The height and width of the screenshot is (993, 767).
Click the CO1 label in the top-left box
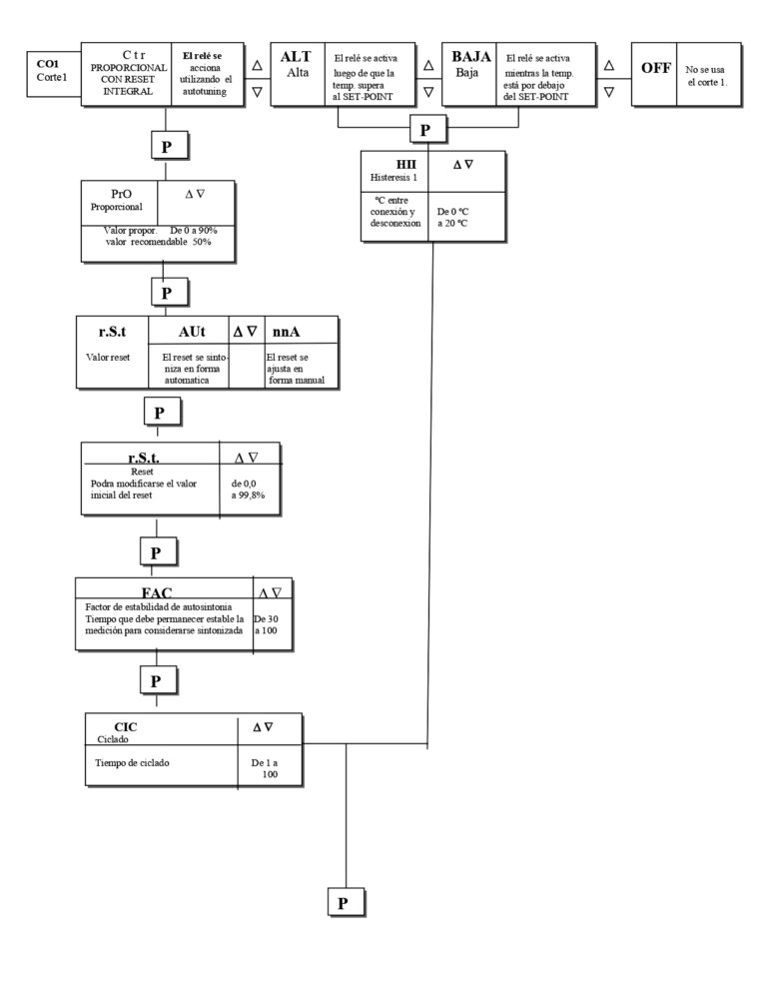[x=46, y=63]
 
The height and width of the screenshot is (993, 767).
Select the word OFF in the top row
[x=655, y=68]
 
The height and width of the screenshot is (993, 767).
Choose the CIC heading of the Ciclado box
[x=125, y=725]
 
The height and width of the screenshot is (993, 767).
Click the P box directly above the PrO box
[x=166, y=145]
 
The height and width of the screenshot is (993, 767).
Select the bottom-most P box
[x=343, y=902]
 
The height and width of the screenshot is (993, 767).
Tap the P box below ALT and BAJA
[x=425, y=130]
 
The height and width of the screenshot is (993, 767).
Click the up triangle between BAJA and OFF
[x=608, y=64]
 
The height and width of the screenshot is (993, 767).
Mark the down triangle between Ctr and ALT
[x=257, y=90]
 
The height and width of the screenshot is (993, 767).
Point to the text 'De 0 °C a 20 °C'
[x=452, y=217]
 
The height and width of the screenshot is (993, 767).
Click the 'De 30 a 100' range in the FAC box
[x=267, y=624]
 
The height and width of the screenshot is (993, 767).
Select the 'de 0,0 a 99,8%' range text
[x=249, y=488]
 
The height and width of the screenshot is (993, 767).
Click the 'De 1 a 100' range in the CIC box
[x=265, y=767]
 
